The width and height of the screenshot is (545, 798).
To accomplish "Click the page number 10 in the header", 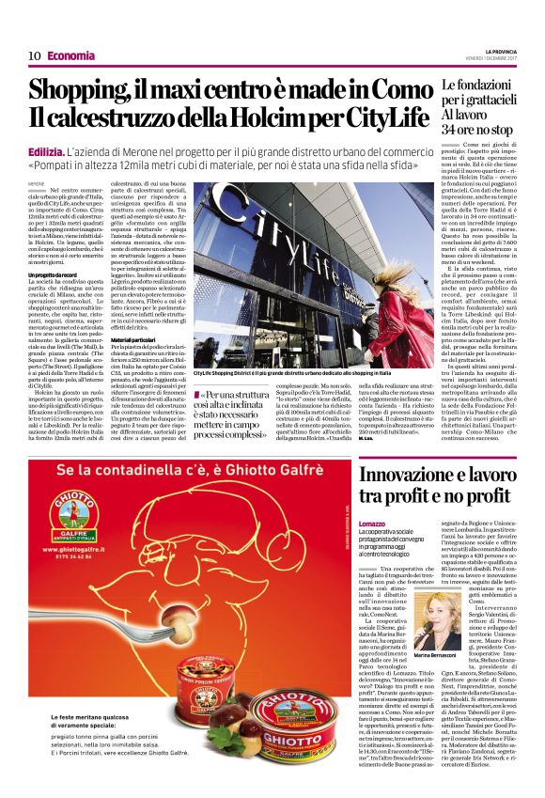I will pos(34,55).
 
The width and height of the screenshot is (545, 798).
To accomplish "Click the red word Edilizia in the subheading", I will pos(45,150).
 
